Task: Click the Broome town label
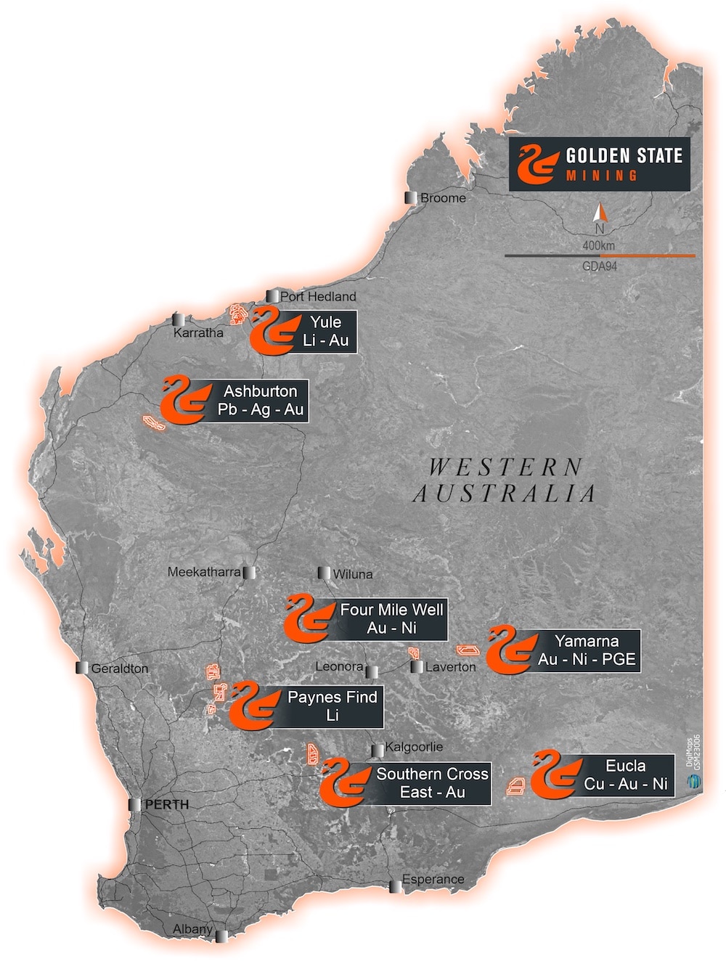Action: (443, 197)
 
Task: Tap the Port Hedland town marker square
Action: (273, 296)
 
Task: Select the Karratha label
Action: (198, 333)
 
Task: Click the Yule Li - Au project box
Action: (325, 332)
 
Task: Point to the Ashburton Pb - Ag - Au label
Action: (260, 401)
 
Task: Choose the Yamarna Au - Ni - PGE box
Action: (586, 650)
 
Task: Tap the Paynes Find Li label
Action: (332, 706)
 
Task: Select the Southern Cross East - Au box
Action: (432, 783)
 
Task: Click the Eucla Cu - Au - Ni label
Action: (625, 775)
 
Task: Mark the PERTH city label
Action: (166, 805)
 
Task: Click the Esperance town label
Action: (433, 880)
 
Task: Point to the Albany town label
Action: (192, 929)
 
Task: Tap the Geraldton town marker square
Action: (83, 668)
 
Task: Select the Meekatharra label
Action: (203, 572)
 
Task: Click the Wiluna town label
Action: (352, 574)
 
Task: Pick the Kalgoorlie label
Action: (413, 747)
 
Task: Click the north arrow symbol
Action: (600, 213)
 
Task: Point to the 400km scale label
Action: (598, 245)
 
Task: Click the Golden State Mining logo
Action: (599, 165)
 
